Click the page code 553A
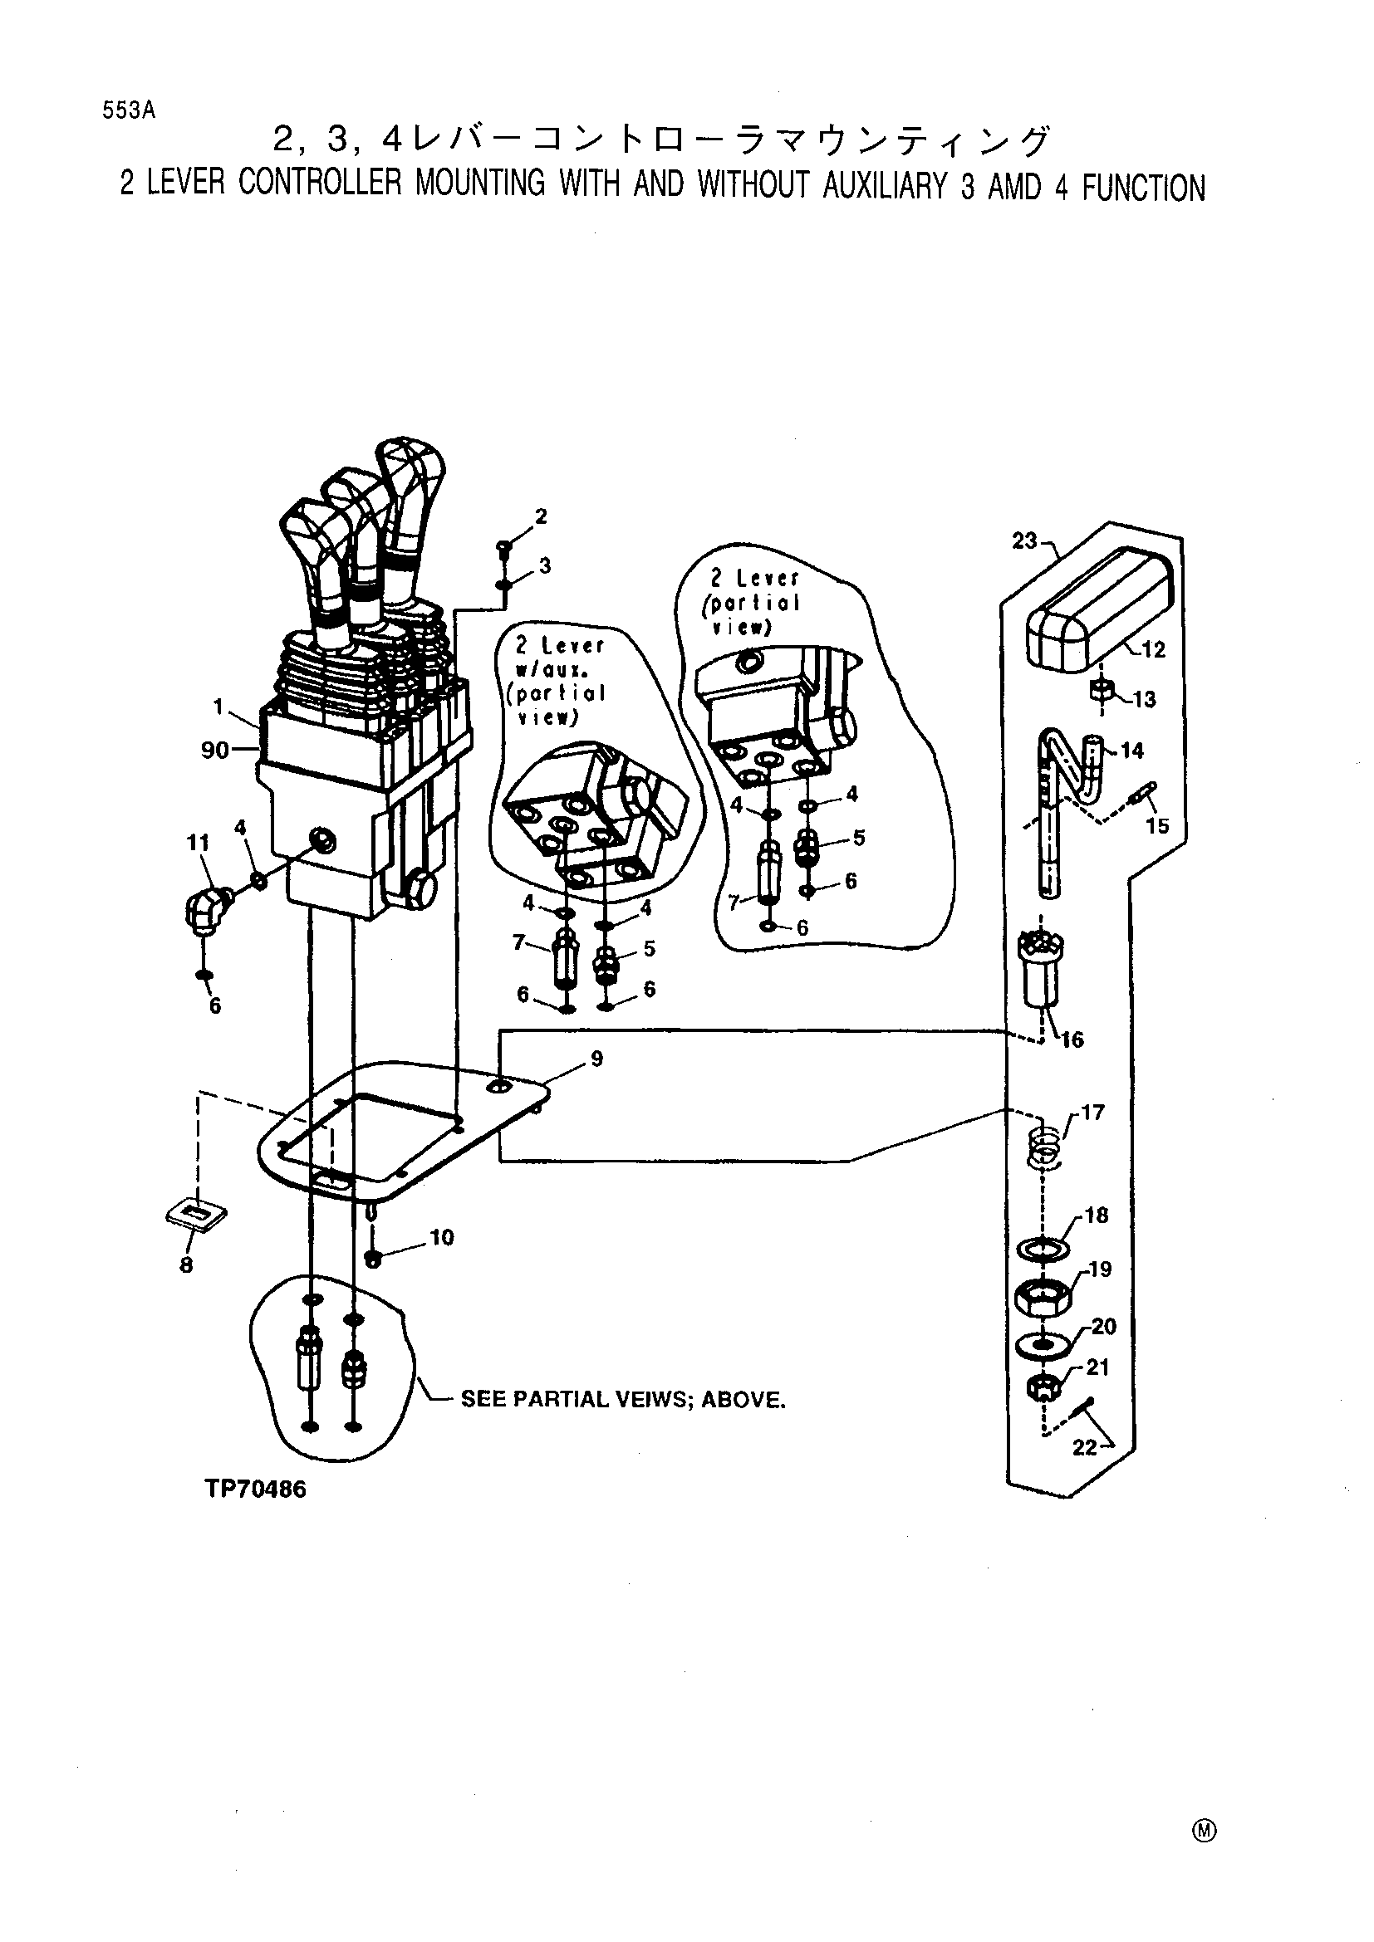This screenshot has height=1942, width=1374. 129,110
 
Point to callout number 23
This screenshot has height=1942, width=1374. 1024,541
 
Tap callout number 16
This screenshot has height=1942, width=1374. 1072,1039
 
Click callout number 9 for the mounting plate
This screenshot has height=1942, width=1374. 597,1059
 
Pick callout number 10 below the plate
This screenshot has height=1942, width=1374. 442,1238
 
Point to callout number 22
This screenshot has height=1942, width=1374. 1084,1448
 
